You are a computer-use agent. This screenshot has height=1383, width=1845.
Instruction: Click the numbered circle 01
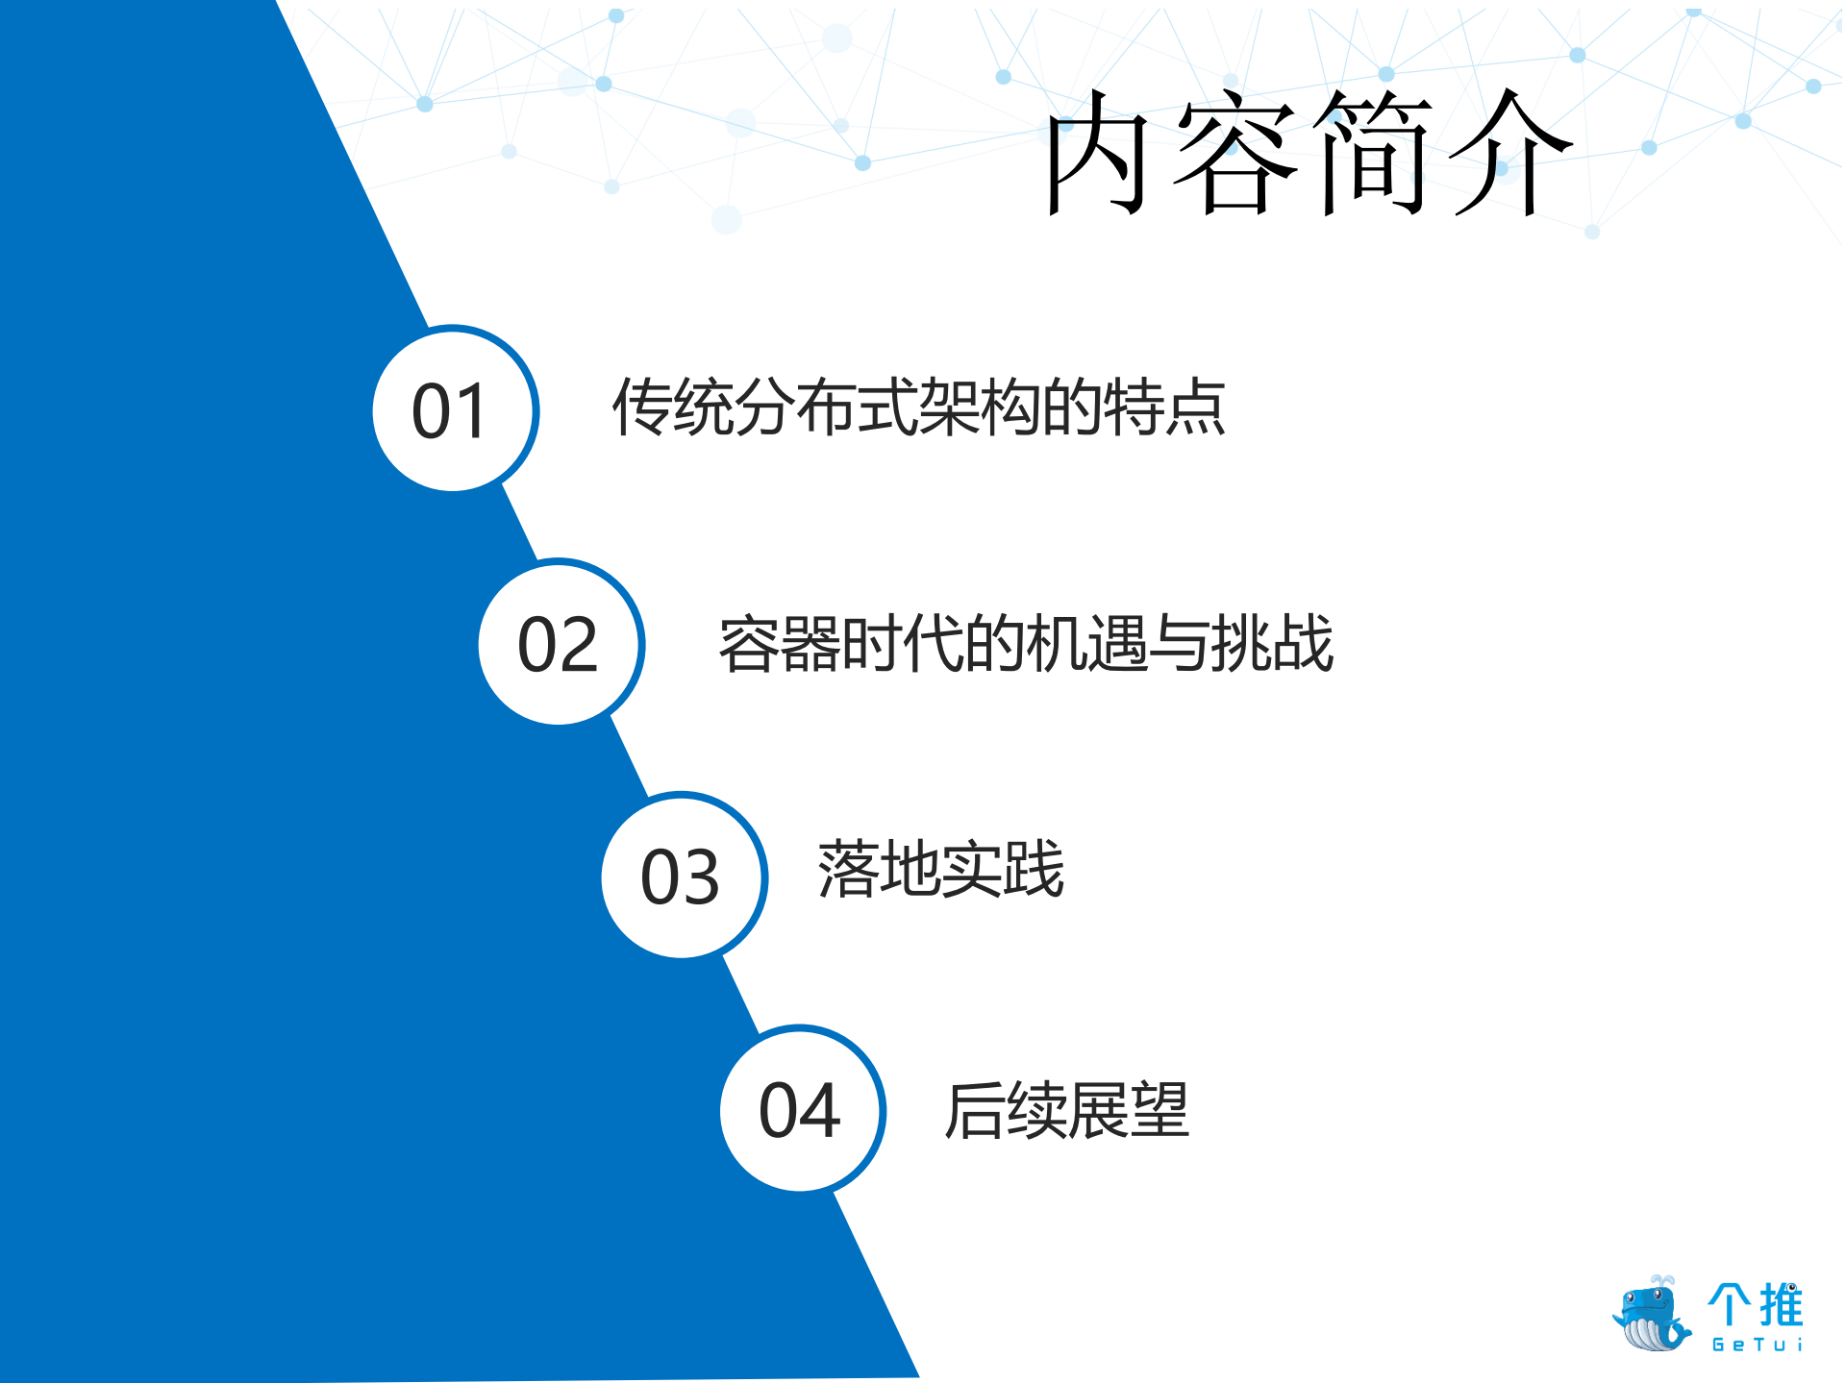point(453,410)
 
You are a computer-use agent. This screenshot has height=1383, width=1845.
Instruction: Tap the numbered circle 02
point(559,643)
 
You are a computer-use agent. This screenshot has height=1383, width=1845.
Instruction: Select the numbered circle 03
point(682,876)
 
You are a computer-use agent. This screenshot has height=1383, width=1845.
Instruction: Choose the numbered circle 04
point(801,1110)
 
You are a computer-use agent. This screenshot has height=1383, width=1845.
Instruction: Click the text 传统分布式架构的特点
point(918,407)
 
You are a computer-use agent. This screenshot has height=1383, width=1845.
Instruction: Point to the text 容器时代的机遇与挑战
point(1026,643)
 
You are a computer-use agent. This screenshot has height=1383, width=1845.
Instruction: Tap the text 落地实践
point(940,870)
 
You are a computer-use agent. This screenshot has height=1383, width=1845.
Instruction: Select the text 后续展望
point(1066,1111)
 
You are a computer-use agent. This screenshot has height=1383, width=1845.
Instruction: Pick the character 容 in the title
point(1236,154)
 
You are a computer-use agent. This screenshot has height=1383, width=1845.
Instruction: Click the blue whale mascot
point(1651,1314)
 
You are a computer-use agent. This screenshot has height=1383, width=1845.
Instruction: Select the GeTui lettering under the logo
point(1757,1345)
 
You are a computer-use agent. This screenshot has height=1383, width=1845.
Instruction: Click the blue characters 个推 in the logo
point(1756,1304)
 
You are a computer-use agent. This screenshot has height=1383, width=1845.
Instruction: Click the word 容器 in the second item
point(780,643)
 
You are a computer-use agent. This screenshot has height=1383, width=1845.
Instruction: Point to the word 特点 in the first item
point(1164,407)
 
